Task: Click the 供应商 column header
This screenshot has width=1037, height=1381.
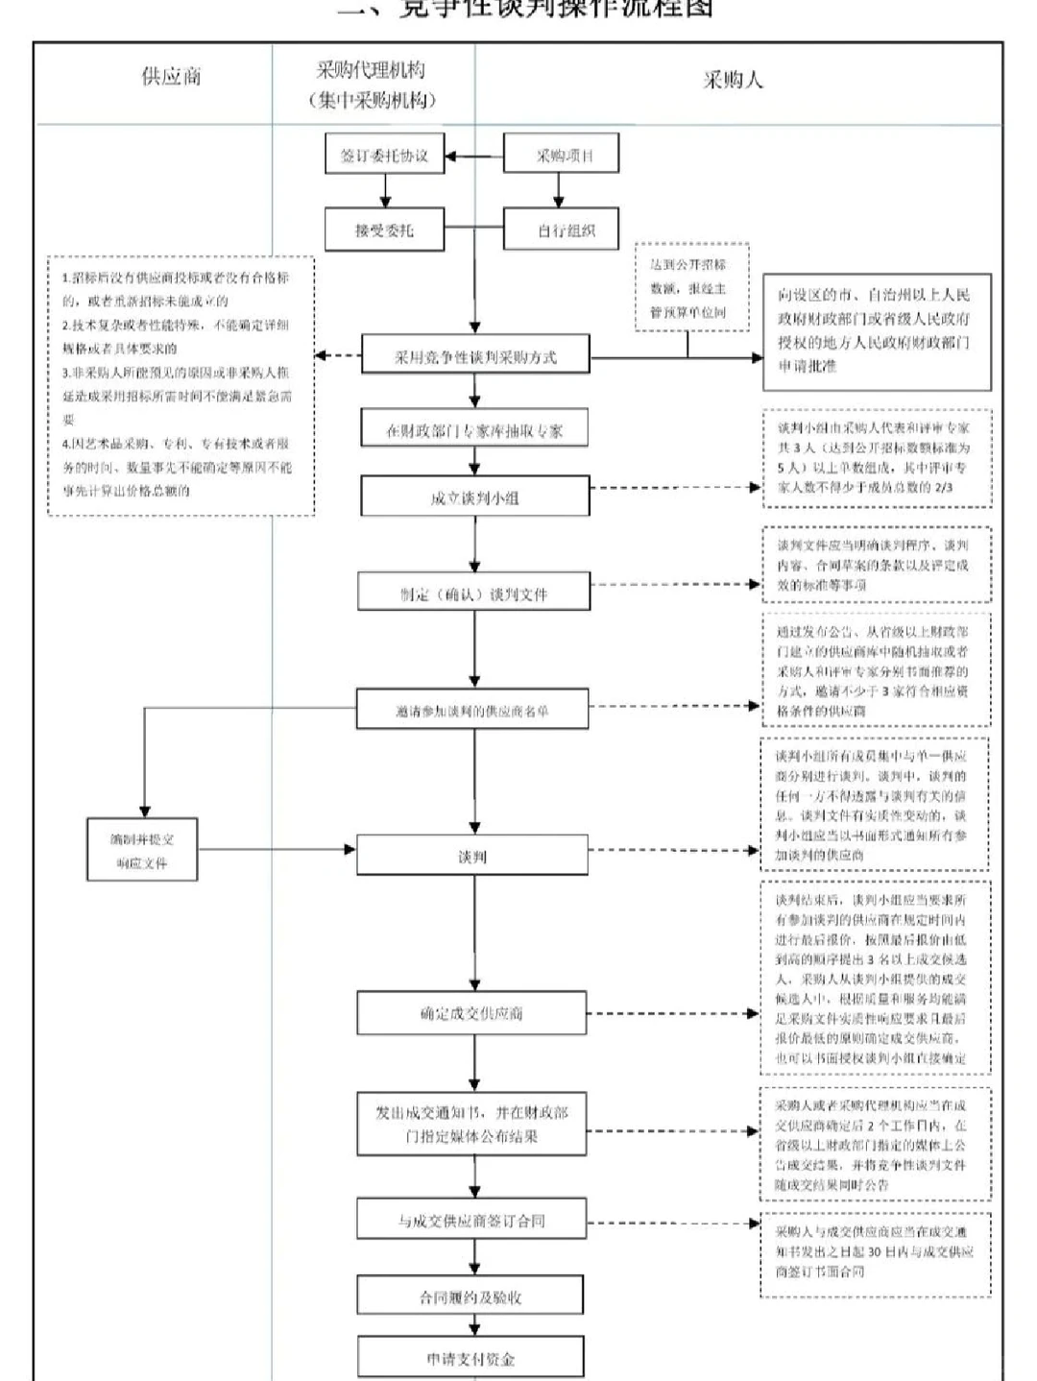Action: tap(171, 77)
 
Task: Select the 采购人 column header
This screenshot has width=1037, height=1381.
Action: tap(733, 81)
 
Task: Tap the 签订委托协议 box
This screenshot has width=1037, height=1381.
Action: tap(384, 156)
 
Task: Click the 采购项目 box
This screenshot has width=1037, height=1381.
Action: tap(562, 155)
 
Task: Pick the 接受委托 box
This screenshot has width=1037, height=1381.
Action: tap(384, 230)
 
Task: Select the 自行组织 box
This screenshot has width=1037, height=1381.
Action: tap(562, 230)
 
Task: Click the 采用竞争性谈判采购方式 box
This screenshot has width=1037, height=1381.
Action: tap(475, 356)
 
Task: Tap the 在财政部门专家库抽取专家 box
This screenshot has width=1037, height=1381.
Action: tap(474, 430)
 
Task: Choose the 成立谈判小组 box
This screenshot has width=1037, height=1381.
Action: tap(474, 497)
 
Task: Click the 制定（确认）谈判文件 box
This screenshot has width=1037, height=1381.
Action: tap(474, 594)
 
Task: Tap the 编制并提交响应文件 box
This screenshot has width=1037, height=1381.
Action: tap(142, 850)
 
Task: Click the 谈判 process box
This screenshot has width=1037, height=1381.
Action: tap(472, 856)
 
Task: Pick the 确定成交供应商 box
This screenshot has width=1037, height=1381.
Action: tap(472, 1013)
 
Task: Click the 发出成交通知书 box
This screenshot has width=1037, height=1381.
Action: tap(470, 1124)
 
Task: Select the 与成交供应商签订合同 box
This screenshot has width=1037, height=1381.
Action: tap(470, 1221)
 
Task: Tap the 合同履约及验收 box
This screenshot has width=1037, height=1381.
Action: tap(470, 1296)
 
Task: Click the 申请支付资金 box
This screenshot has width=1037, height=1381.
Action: tap(470, 1358)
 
